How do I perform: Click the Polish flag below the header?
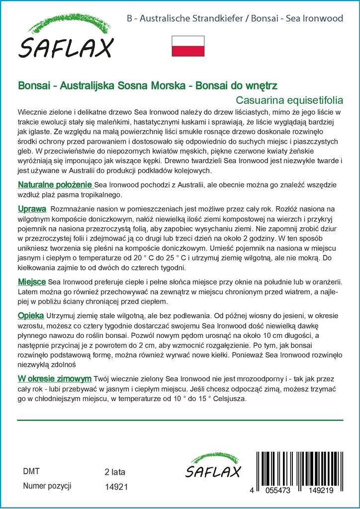pos(188,46)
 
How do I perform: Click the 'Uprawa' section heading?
pos(32,208)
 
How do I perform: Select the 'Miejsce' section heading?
pos(32,282)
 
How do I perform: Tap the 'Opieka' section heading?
pos(31,316)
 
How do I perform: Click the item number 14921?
pos(117,487)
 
